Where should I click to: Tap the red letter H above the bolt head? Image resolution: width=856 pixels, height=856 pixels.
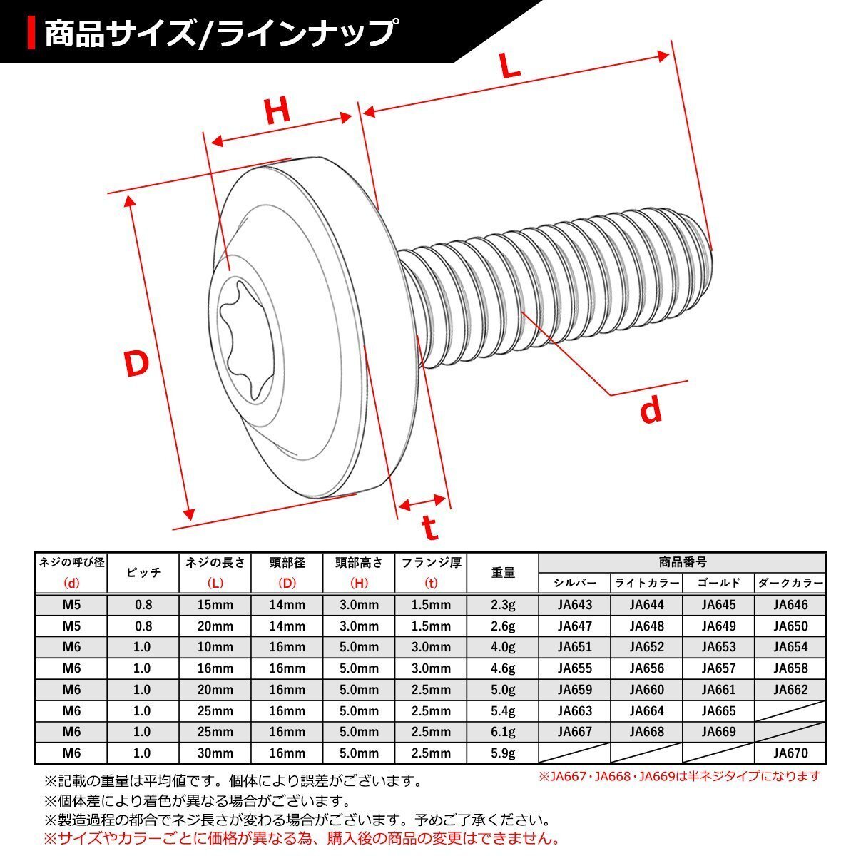277,112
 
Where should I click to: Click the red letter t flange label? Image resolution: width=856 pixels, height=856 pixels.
429,528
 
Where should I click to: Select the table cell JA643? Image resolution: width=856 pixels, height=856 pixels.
575,605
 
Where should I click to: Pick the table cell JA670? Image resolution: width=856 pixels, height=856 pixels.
790,753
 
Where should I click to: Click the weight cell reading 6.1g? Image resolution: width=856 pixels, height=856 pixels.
503,732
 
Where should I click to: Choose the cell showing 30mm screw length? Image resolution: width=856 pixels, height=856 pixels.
215,753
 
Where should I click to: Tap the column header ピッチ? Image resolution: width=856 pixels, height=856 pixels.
143,572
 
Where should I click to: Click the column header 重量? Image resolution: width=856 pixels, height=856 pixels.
503,572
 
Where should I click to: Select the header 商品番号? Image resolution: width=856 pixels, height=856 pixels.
683,562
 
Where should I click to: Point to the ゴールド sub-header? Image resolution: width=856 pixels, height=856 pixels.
718,583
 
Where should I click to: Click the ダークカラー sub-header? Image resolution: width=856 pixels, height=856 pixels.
790,583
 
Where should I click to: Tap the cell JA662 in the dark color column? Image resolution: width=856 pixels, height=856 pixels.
790,690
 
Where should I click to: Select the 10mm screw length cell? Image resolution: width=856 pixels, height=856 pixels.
215,647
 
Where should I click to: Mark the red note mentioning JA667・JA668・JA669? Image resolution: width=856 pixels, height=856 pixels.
678,776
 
